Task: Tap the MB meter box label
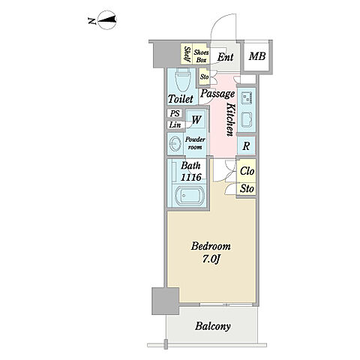[257, 56]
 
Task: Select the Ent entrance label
[225, 57]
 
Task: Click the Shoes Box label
[201, 56]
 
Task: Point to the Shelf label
[187, 54]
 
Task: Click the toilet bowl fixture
[182, 79]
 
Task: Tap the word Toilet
[181, 99]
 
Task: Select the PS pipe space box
[175, 113]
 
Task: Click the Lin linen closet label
[175, 124]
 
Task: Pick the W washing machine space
[196, 120]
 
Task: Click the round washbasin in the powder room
[175, 144]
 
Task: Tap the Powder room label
[195, 143]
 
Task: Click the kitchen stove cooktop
[247, 97]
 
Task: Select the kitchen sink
[246, 120]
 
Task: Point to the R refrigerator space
[246, 145]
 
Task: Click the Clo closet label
[247, 171]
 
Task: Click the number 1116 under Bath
[190, 177]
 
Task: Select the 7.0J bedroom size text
[211, 259]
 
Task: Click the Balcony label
[213, 326]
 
